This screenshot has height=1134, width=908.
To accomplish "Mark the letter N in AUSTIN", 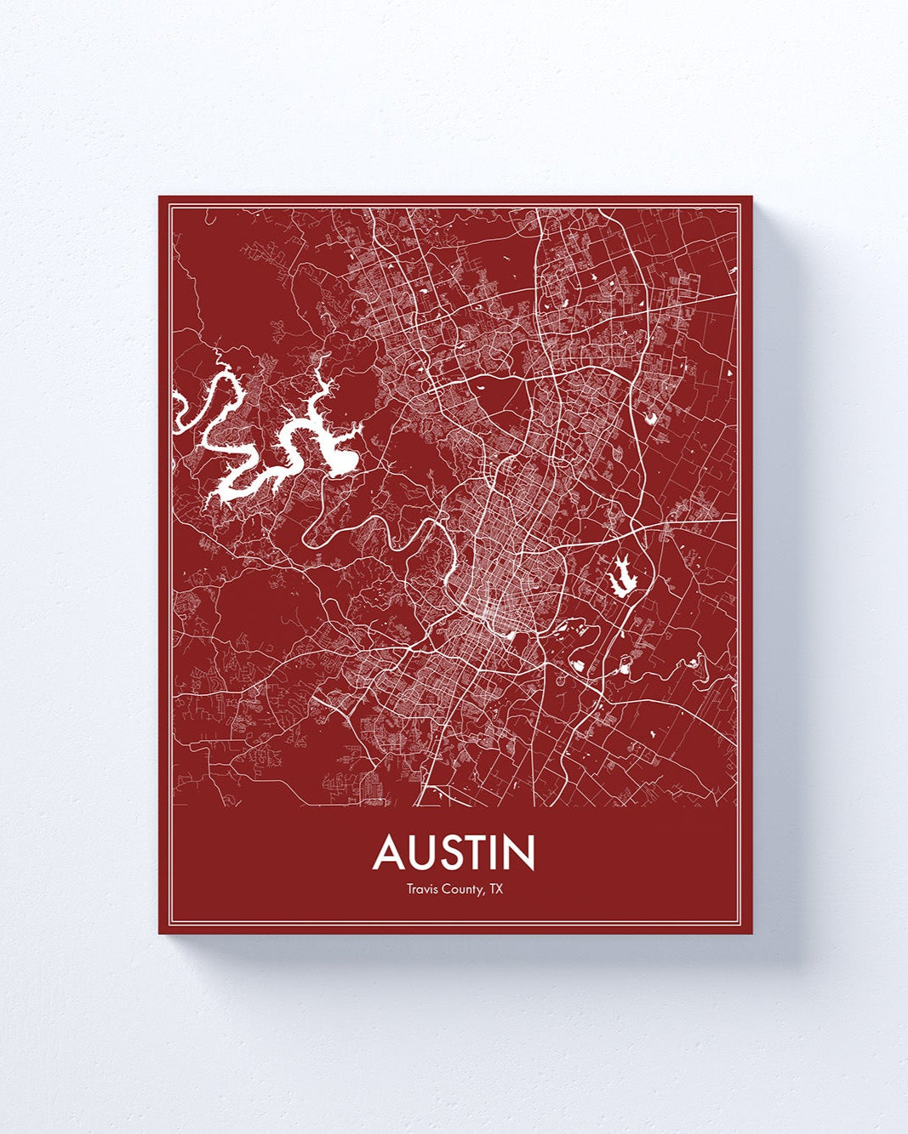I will (x=522, y=853).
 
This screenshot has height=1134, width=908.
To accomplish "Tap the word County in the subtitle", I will (x=459, y=891).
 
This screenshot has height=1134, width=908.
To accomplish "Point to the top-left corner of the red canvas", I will (x=160, y=197).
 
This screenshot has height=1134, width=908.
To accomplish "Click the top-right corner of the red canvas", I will (x=751, y=197).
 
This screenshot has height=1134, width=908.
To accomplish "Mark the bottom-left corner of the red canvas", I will (x=160, y=932).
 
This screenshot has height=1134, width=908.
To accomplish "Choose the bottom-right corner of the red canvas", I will (x=751, y=932).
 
